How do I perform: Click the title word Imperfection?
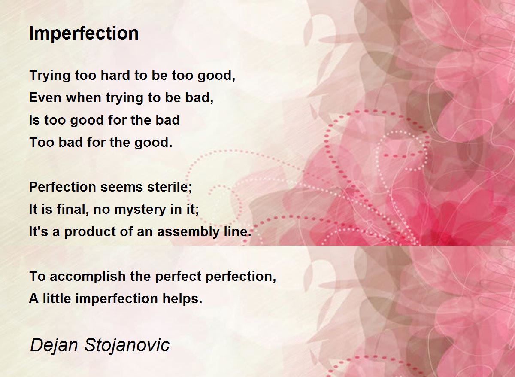click(84, 33)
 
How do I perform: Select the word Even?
click(45, 98)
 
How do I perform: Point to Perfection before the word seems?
click(63, 187)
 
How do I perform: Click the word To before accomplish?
click(37, 277)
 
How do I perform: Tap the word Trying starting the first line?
click(49, 76)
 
